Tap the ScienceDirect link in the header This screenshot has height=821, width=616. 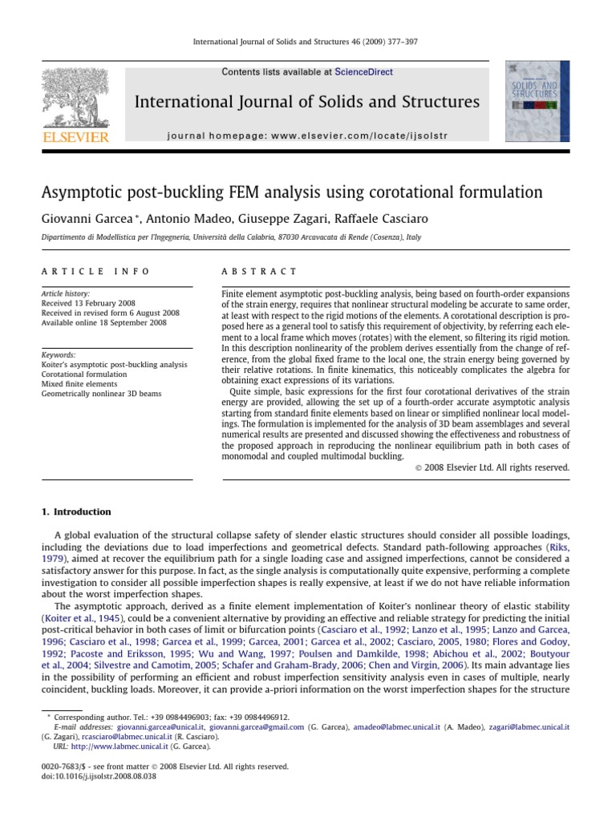365,72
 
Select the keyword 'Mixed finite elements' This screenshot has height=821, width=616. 79,384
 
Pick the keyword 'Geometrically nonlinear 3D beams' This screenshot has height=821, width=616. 99,394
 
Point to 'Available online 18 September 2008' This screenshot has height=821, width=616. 104,323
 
